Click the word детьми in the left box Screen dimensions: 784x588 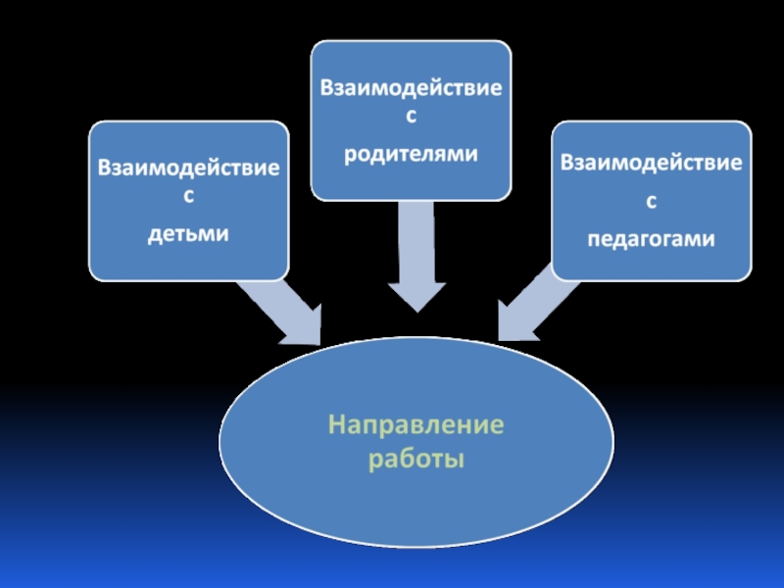[188, 234]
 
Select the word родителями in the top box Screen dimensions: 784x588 [411, 154]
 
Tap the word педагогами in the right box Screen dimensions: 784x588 [651, 238]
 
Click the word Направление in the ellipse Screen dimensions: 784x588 [416, 425]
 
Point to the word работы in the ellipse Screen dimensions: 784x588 [416, 458]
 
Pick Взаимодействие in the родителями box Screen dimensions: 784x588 [411, 87]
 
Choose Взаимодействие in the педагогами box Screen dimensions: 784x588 [651, 162]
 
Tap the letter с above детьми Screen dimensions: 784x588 [188, 198]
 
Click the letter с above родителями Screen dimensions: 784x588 [411, 118]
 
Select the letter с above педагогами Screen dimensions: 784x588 [651, 201]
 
